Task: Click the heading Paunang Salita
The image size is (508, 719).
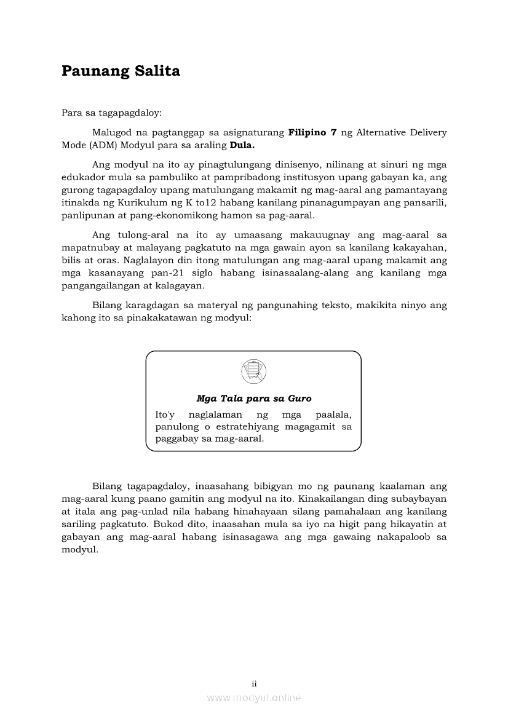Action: click(x=121, y=71)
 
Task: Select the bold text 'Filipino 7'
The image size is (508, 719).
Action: click(x=312, y=133)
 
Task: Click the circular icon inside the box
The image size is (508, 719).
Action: click(x=253, y=371)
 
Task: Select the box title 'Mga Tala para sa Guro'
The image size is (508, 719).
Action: click(x=253, y=399)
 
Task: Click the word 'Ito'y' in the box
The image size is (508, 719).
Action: click(x=165, y=415)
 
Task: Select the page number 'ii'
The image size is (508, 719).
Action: click(x=253, y=683)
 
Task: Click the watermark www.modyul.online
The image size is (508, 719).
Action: click(x=253, y=698)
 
